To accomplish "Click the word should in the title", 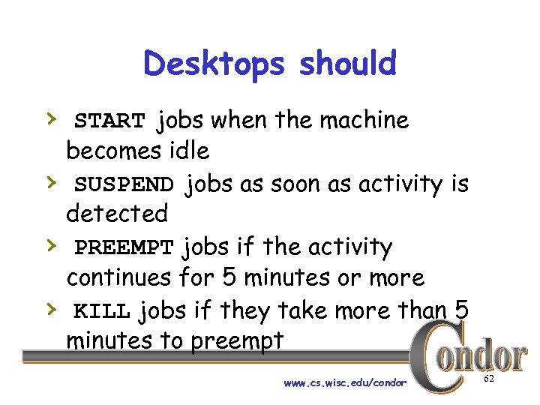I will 347,64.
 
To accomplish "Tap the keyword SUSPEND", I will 124,184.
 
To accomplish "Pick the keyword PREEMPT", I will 124,247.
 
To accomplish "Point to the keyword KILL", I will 103,310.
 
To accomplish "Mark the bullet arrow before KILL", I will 50,308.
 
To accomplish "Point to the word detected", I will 117,214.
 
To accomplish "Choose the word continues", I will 119,277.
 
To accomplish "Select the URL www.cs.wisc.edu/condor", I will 345,383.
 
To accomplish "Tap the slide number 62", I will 489,380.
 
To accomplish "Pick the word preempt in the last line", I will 238,341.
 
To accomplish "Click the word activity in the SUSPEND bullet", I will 396,184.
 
